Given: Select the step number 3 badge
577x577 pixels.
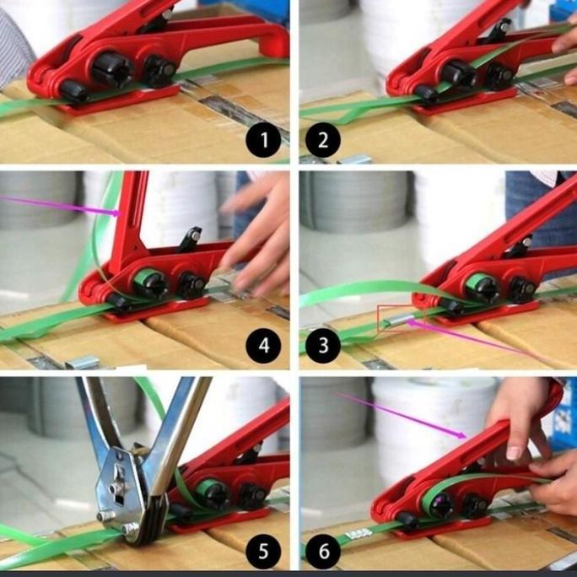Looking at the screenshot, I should click(x=324, y=344).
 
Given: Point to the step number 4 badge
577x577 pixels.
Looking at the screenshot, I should click(x=263, y=344).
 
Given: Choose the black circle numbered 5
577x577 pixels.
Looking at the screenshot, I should click(x=263, y=552).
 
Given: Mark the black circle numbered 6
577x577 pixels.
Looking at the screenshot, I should click(x=324, y=552).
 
